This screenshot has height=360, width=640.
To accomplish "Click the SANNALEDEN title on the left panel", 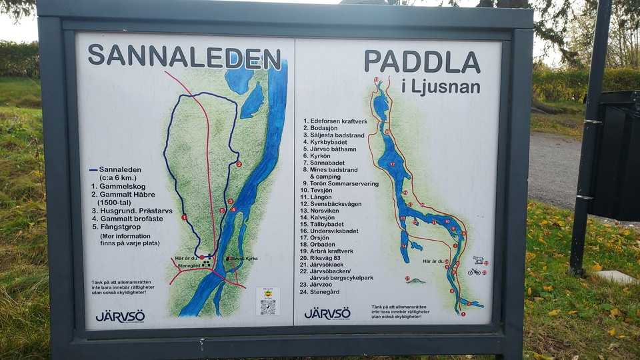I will pos(184,57).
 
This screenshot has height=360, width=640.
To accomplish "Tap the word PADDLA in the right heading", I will pos(421,62).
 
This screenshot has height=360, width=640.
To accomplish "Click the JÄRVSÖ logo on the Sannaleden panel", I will pos(120,316).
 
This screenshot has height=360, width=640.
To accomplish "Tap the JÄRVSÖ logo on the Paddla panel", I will pos(327,313).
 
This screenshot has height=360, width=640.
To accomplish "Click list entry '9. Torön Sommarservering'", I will pos(340,183).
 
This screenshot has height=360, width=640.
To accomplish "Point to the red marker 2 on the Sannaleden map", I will pos(239,164).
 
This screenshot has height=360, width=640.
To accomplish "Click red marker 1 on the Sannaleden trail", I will pos(184,217).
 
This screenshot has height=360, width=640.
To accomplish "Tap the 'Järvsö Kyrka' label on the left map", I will pos(242,258).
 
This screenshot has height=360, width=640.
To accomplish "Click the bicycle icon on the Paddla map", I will pos(474,271).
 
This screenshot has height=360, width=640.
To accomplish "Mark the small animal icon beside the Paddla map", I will pos(477,259).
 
